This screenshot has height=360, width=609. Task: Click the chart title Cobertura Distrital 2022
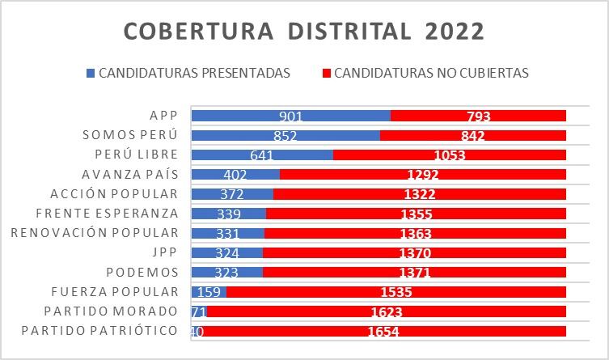304,32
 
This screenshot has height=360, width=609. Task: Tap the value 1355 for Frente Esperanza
417,214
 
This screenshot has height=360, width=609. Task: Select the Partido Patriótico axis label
99,331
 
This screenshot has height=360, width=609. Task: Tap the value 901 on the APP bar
290,116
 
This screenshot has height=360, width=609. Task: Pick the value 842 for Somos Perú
473,136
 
